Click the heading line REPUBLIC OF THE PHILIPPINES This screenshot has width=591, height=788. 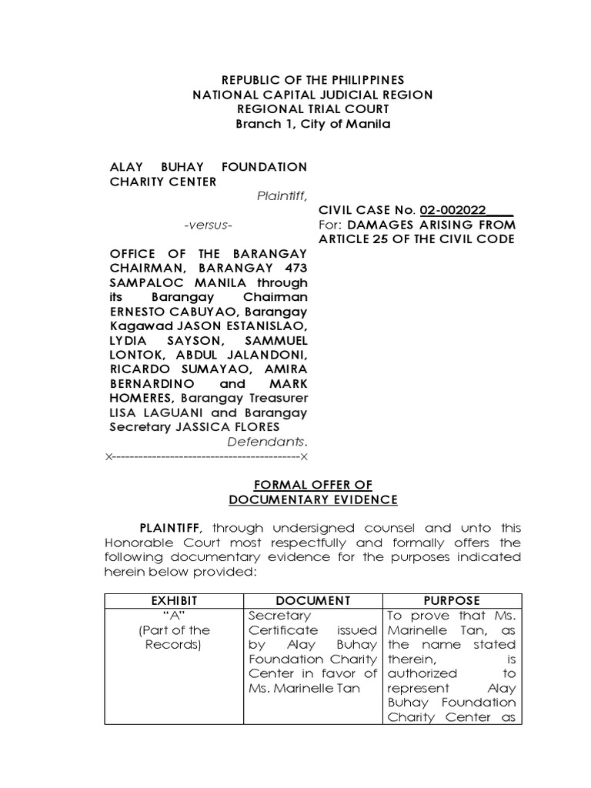[312, 80]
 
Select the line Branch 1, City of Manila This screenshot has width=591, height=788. [312, 124]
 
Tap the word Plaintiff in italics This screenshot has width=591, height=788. [281, 196]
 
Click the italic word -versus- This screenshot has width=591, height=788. [208, 225]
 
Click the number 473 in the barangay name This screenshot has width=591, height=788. [292, 268]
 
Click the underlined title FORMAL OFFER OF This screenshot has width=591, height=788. [312, 485]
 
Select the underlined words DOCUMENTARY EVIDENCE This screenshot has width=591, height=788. [312, 499]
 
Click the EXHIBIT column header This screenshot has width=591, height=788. [174, 600]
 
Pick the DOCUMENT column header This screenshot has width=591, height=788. [312, 600]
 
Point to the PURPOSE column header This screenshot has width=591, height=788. [452, 600]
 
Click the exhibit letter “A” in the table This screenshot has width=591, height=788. [174, 616]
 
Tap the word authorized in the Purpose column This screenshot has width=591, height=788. [416, 673]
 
